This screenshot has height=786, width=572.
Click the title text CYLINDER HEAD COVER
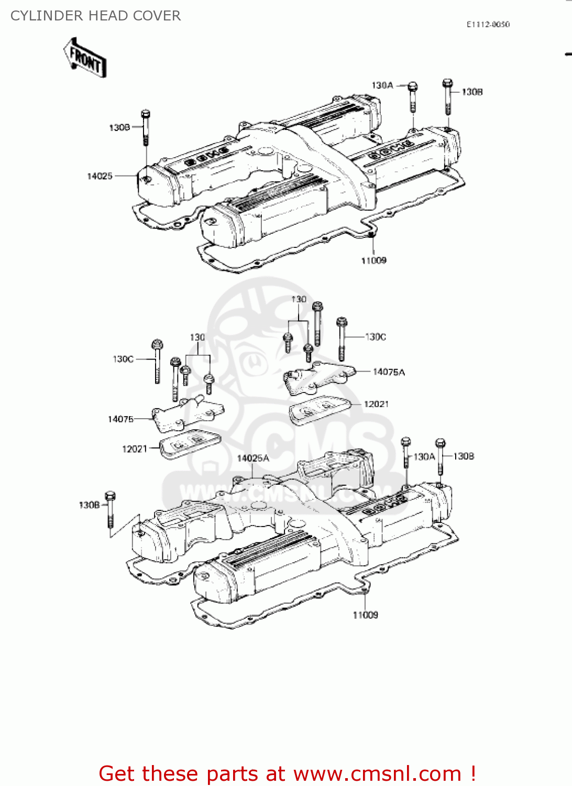95,16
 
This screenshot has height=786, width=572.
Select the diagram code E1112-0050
488,24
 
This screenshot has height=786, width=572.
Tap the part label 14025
100,176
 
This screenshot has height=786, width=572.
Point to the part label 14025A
253,458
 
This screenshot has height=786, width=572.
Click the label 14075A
389,372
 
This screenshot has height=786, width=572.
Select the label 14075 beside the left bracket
120,419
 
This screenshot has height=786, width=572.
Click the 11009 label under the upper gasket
373,260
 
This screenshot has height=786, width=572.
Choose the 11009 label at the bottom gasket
365,615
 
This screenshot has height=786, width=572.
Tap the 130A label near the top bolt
382,85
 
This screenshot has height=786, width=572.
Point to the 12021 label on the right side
376,404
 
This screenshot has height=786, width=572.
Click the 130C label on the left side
123,359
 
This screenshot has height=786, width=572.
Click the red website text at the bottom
287,773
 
